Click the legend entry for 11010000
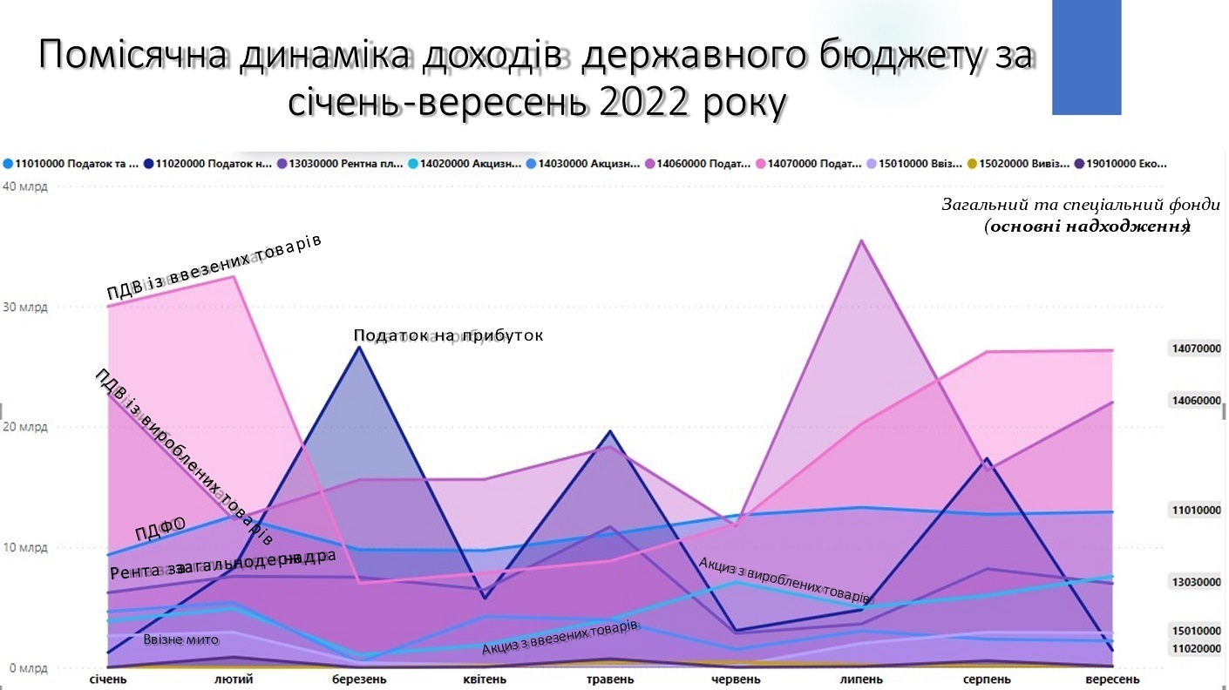coord(71,164)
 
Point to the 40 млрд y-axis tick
coord(25,186)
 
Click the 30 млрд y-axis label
coord(25,308)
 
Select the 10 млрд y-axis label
coord(25,548)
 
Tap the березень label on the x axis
coord(360,680)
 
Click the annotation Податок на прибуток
coord(448,335)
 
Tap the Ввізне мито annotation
coord(181,640)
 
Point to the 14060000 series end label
coord(1196,401)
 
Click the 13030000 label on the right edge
coord(1196,582)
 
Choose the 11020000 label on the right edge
coord(1196,649)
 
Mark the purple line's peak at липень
coord(862,240)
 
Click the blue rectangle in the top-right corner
coord(1086,57)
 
